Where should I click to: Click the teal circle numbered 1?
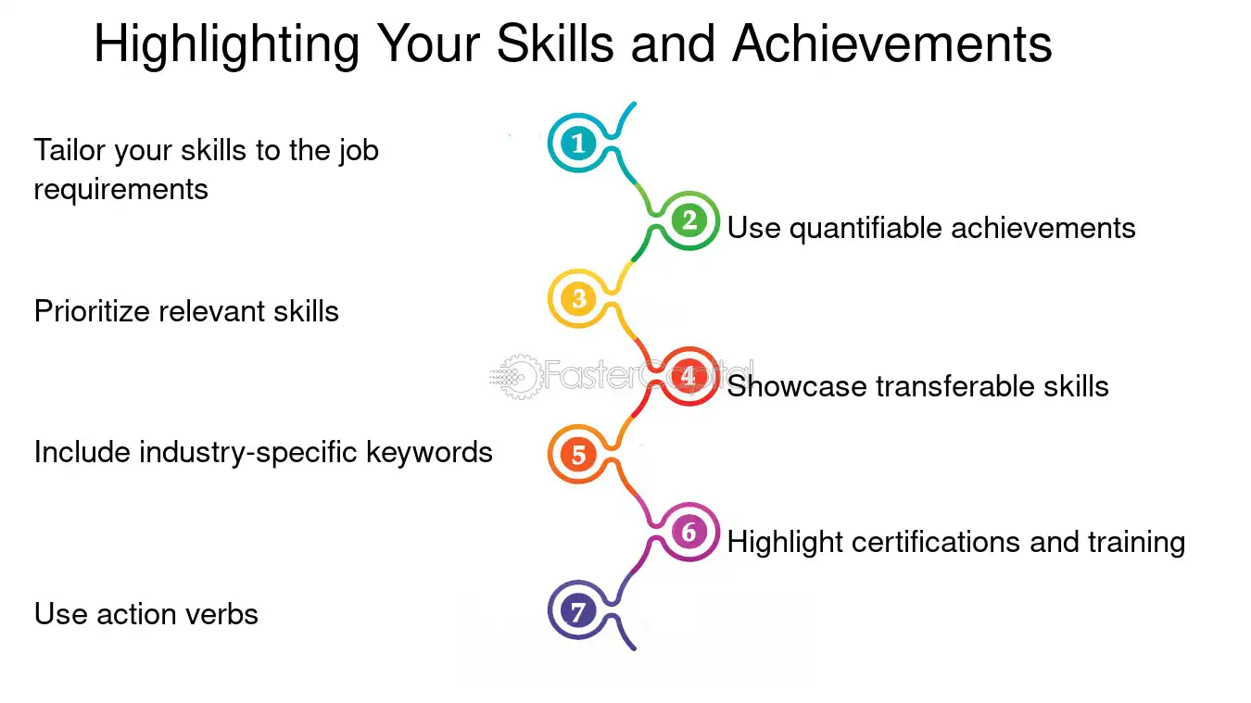point(578,143)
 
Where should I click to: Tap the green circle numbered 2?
point(689,220)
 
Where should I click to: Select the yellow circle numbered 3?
point(578,298)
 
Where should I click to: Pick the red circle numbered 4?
point(689,376)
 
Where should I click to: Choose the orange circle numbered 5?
point(578,454)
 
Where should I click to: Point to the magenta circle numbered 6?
point(689,532)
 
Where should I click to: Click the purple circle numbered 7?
point(578,610)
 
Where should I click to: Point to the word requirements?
point(121,190)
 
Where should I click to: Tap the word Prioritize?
point(92,311)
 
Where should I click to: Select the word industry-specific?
point(248,453)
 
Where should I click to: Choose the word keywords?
point(429,452)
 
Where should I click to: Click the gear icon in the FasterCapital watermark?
point(519,376)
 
